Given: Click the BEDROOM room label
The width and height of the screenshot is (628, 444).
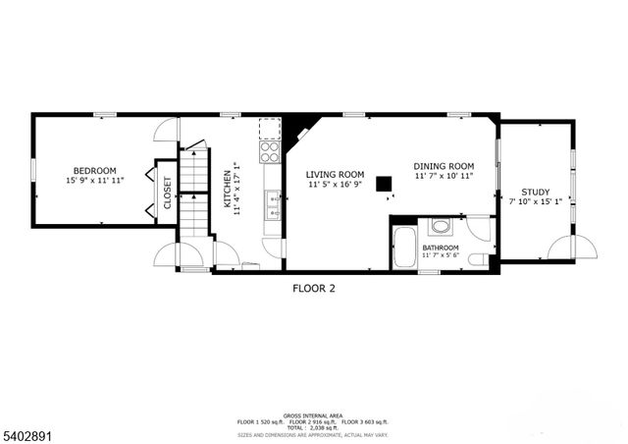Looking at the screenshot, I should pos(94,170).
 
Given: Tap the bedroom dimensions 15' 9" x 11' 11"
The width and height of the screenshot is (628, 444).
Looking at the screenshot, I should pos(94,181).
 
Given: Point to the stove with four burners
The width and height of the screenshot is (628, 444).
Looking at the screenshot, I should pos(269,141).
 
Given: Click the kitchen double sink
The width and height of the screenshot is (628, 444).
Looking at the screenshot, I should pos(272,206).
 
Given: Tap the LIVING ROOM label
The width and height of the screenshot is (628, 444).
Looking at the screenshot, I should pos(335,173).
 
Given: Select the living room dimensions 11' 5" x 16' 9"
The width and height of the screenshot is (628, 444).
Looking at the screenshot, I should pos(335,184).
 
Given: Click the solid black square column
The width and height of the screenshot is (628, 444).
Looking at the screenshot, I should pos(387,183).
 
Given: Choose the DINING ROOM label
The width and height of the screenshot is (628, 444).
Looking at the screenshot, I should pos(443,166).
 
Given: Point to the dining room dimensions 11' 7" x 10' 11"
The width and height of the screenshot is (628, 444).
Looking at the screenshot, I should pos(443,177).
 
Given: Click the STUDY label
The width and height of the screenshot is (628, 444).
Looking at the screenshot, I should pos(535,193).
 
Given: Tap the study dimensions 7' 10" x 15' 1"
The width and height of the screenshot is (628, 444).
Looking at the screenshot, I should pos(535,203).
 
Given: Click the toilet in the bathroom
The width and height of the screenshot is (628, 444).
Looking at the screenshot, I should pos(478,258).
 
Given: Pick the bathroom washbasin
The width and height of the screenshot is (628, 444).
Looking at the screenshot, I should pos(441,227).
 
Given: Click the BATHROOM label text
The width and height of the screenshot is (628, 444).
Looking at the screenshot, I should pos(441,248).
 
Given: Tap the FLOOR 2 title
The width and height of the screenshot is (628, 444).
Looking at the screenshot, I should pos(314,289).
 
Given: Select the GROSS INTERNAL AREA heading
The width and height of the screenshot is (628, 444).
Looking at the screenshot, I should pos(314,416).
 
